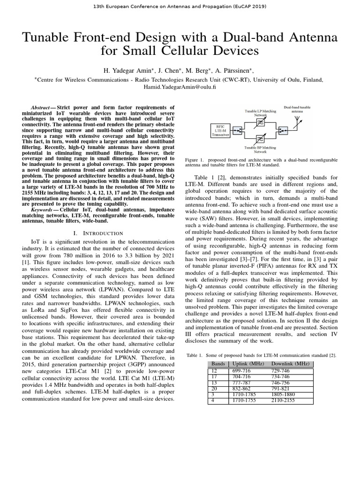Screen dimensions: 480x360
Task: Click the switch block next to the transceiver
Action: pos(238,130)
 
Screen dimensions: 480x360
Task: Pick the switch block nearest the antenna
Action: pos(283,130)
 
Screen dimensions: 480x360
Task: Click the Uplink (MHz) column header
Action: pos(248,364)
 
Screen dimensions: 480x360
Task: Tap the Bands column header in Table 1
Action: pos(218,364)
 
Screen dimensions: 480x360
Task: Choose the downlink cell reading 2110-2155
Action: pos(284,401)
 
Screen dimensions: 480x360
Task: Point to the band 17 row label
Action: pos(215,376)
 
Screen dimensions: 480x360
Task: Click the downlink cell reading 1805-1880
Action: pos(284,395)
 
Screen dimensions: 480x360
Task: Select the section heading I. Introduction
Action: pos(98,233)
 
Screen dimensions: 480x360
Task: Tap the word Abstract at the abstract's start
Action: pos(40,107)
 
